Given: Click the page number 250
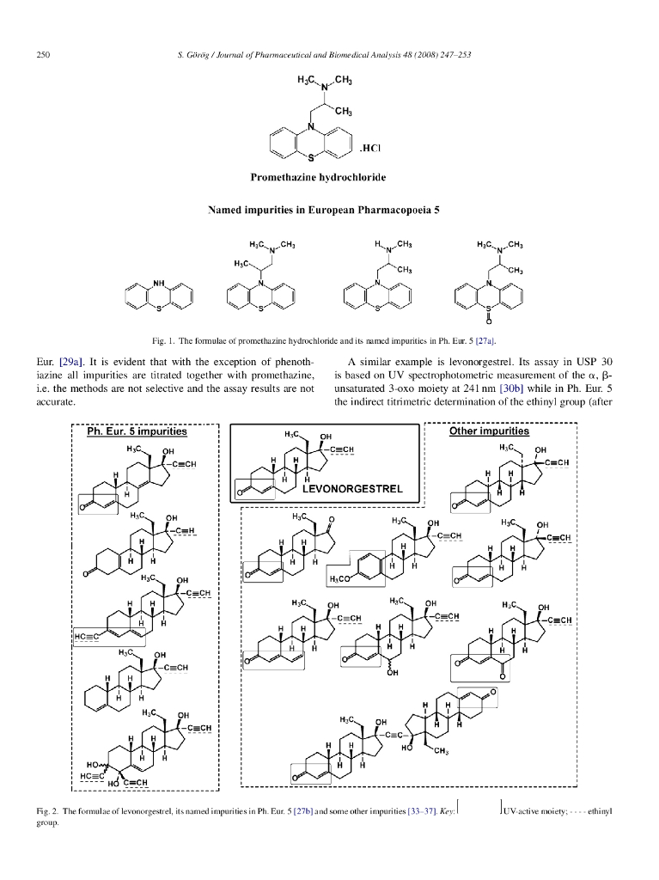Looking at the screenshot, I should coord(42,56).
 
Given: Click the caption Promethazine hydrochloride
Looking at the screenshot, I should coord(317,177).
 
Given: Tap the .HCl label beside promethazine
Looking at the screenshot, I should coord(370,148).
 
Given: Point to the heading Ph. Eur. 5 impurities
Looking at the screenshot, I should coord(137,431).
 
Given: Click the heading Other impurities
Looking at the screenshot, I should coord(489,431).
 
